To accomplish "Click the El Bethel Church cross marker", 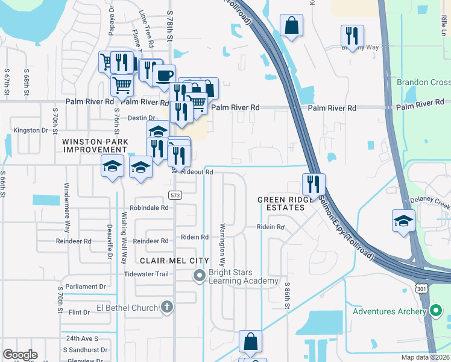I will click(x=168, y=308).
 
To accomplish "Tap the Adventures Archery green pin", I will click(x=437, y=312).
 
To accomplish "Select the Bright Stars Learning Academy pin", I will click(x=199, y=276).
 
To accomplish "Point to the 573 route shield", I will click(x=175, y=195).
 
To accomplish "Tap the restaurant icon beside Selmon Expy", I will click(x=314, y=184).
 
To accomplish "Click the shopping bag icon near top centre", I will click(x=291, y=26).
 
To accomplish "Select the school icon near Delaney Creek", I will click(x=403, y=220).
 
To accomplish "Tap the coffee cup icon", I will click(x=164, y=76).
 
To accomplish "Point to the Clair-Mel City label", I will click(x=174, y=261).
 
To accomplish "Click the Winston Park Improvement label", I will click(x=95, y=145).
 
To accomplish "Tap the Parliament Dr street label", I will click(x=85, y=287).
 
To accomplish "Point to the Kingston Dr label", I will click(x=30, y=130).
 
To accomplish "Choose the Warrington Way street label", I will click(x=222, y=245).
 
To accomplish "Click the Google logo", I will click(x=20, y=355).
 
